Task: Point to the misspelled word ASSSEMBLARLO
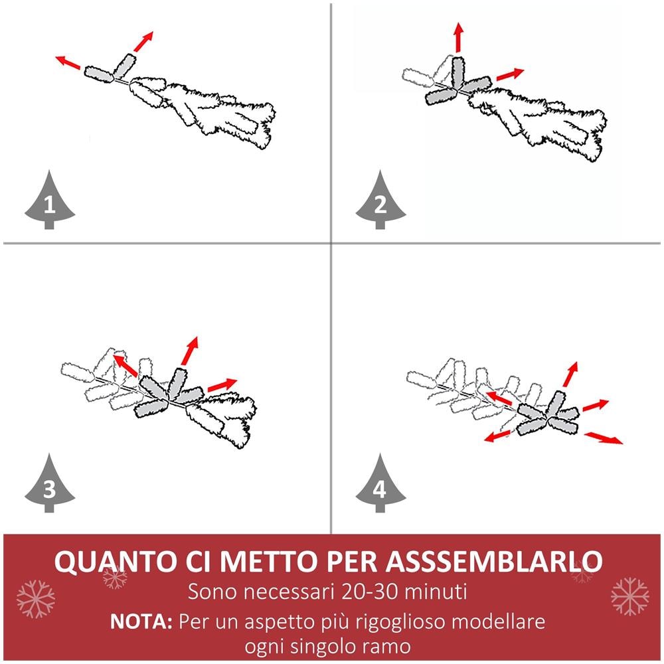point(493,561)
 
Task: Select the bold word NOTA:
point(141,622)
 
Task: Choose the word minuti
point(436,591)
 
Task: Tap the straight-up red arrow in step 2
point(458,38)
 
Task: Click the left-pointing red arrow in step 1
point(68,62)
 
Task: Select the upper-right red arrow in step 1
point(143,41)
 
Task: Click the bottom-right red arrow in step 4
point(604,438)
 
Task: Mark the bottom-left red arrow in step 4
point(497,437)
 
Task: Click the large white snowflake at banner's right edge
point(630,597)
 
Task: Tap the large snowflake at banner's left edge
point(36,599)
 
